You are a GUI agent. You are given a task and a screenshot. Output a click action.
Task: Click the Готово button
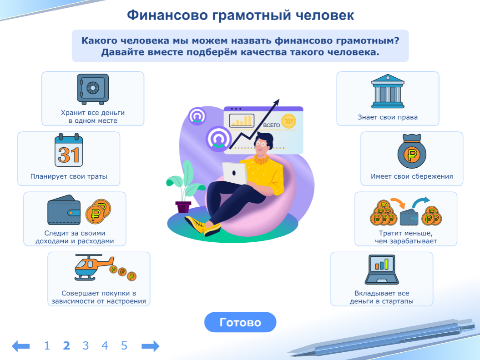point(240,322)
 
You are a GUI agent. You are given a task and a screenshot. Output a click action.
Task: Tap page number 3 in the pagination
point(86,346)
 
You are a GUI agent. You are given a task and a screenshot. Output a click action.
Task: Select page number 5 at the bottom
point(124,346)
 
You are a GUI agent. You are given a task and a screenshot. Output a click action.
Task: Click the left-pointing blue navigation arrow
point(20,346)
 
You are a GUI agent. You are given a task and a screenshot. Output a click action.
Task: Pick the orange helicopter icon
point(93,267)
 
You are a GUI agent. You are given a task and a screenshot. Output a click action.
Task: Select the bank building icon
point(388,91)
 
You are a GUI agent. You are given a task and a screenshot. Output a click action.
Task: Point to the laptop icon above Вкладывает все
point(382,270)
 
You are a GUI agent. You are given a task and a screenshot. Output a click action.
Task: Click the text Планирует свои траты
point(69,176)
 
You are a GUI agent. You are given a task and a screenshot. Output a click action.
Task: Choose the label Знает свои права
point(388,117)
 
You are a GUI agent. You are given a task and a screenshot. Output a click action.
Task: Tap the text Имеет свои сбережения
point(412,176)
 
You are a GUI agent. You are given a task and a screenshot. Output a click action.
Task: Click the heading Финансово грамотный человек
point(240,15)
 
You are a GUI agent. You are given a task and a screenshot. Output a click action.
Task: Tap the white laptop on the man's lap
point(235,173)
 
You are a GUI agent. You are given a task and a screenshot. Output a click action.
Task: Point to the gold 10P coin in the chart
point(288,121)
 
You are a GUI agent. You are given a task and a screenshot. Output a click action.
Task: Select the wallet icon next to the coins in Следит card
point(64,209)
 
